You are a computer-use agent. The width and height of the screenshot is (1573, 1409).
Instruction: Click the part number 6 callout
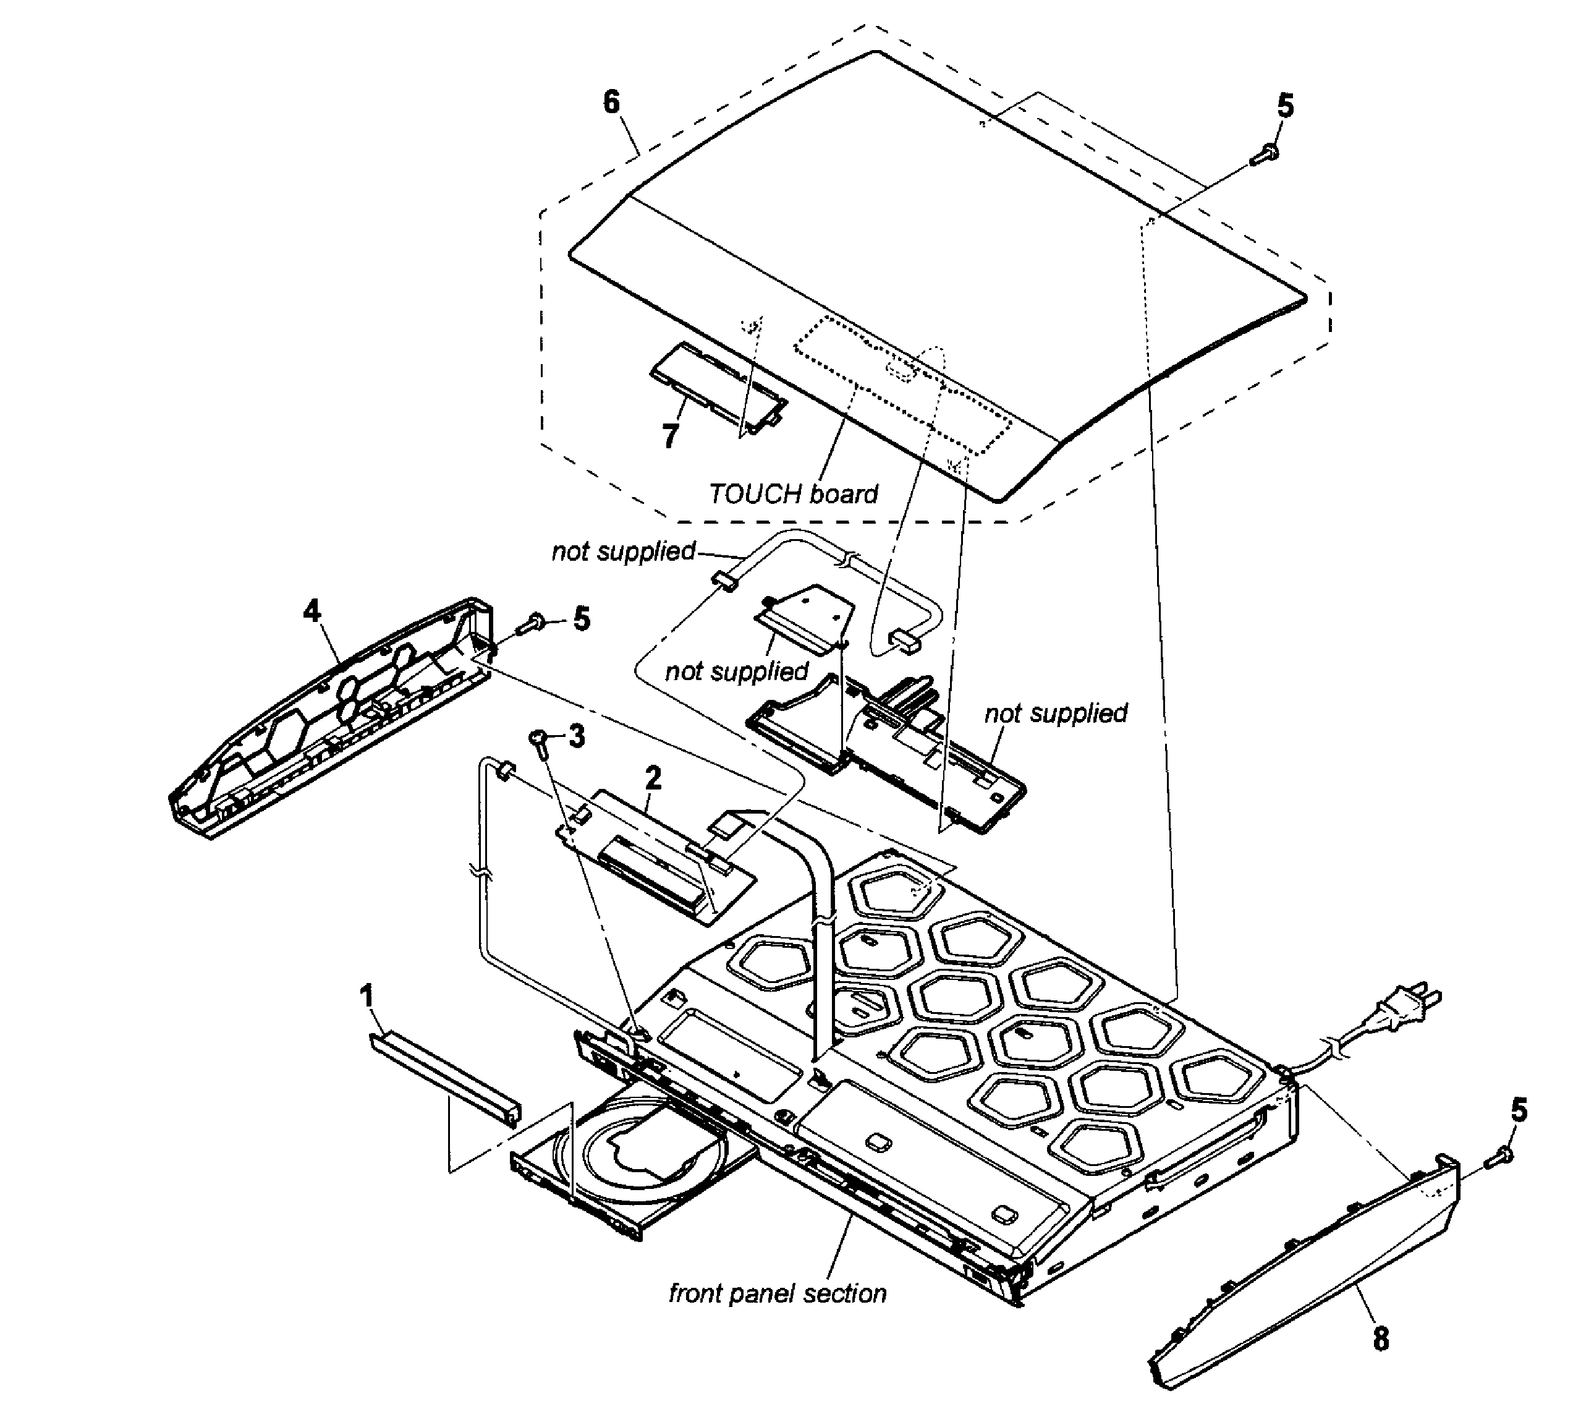coord(611,102)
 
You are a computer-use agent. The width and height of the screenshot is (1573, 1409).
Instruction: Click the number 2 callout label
coord(653,778)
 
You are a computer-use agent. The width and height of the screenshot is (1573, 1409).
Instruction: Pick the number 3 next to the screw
coord(577,737)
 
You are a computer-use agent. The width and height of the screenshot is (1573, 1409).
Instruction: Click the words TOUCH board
coord(794,494)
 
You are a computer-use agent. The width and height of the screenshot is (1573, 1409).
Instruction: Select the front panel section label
coord(777,1293)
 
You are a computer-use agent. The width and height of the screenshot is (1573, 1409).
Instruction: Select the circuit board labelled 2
coord(658,856)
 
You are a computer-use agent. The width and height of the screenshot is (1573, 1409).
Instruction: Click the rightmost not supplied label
coord(1055,713)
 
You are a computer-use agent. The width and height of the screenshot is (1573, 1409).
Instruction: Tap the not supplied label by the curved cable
coord(623,551)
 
